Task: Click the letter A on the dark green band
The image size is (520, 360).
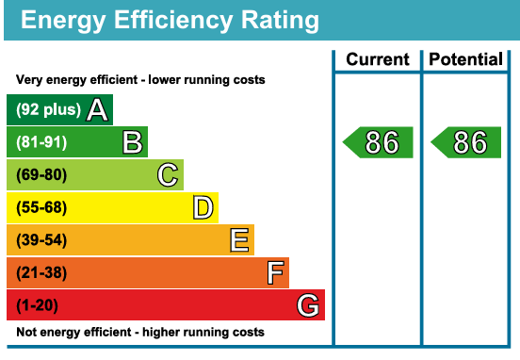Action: [97, 109]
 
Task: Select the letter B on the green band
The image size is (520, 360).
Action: [132, 142]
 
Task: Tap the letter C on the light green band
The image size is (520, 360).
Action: [168, 174]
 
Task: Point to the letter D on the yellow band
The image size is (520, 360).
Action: [203, 207]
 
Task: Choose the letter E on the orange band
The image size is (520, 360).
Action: [239, 240]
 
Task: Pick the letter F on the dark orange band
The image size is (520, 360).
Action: [275, 272]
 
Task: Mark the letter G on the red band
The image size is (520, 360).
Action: [308, 305]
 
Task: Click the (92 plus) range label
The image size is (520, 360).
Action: [48, 109]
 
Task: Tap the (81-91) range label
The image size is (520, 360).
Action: [41, 142]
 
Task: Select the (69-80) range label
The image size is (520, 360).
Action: [41, 175]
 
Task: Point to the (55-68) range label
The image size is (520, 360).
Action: [41, 207]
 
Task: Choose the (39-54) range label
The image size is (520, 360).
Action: [41, 240]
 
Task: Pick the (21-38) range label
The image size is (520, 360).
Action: [41, 272]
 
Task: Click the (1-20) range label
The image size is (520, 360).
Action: [37, 305]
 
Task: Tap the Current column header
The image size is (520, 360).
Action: [378, 59]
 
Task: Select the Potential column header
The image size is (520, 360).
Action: [465, 59]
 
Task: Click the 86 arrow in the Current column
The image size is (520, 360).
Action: [378, 142]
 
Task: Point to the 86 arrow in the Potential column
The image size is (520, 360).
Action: [465, 142]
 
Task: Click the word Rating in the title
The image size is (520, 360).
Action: [280, 21]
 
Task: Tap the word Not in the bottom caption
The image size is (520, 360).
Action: [27, 332]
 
